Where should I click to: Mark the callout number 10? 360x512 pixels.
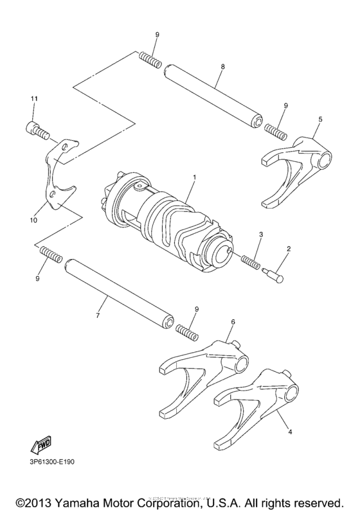tap(33, 220)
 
